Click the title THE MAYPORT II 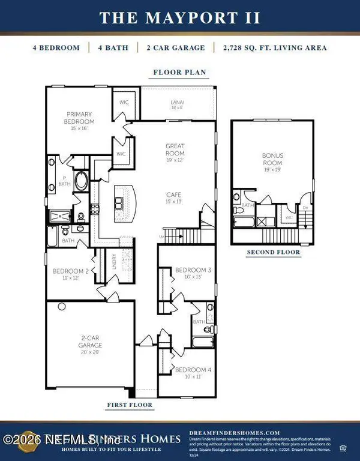coord(179,17)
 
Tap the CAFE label coord(175,197)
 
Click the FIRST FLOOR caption coord(130,405)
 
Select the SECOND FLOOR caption coord(274,253)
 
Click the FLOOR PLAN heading coord(179,73)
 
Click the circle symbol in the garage coord(61,306)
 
